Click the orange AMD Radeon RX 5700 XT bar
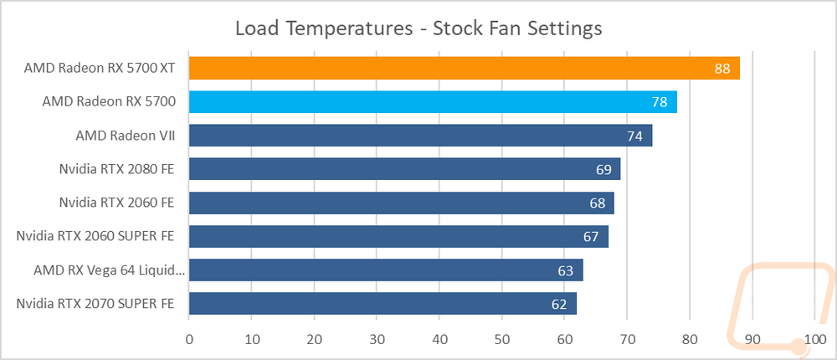(x=465, y=69)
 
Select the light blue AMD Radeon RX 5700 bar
(x=433, y=101)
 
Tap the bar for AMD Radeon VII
(x=421, y=136)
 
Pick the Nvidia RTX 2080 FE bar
(x=404, y=169)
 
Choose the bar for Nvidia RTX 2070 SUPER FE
(x=383, y=303)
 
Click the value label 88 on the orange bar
(x=721, y=69)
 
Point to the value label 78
(x=660, y=102)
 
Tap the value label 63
(x=565, y=270)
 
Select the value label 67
(x=590, y=237)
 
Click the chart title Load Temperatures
(x=324, y=28)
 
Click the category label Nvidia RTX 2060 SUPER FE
(x=95, y=236)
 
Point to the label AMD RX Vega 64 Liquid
(x=109, y=270)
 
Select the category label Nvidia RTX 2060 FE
(x=117, y=203)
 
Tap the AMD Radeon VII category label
(x=126, y=136)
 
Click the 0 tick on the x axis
(x=189, y=340)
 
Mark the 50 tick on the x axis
(x=501, y=340)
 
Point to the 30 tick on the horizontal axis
(x=377, y=340)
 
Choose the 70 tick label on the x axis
(x=627, y=340)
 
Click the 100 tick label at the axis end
(x=814, y=340)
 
